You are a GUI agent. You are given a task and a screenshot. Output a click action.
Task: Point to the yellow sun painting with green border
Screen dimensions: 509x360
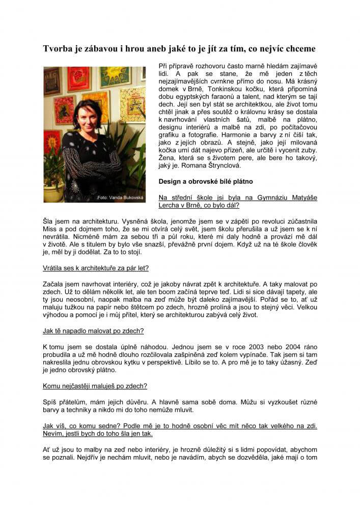tap(115, 76)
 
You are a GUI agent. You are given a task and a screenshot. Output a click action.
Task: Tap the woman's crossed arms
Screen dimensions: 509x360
tap(92, 168)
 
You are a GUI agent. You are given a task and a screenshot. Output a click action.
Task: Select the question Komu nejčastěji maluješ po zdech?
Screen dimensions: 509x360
tap(95, 386)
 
